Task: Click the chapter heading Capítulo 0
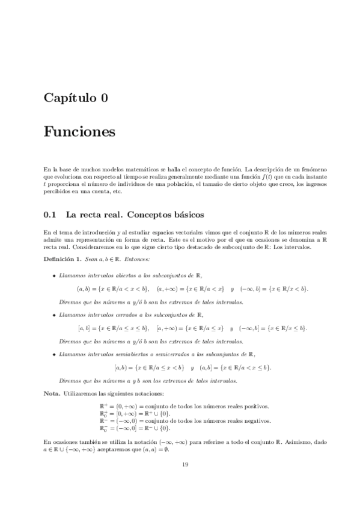coord(76,99)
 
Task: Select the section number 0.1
coord(50,214)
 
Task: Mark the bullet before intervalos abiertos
coord(54,275)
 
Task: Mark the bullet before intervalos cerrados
coord(54,314)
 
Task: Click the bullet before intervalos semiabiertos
coord(54,353)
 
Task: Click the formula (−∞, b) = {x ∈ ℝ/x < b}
coord(274,289)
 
